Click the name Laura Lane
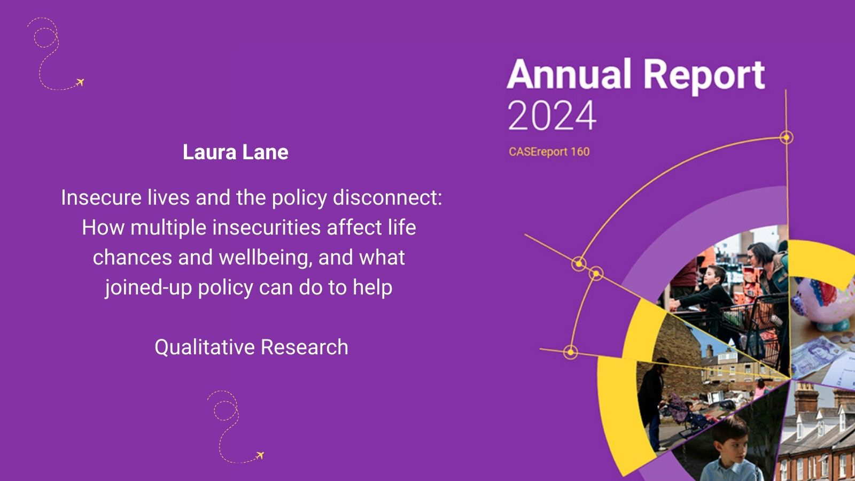pyautogui.click(x=236, y=152)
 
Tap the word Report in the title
pyautogui.click(x=704, y=77)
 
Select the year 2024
pyautogui.click(x=551, y=115)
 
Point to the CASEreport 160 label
pyautogui.click(x=549, y=152)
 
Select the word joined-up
pyautogui.click(x=149, y=288)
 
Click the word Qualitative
pyautogui.click(x=205, y=348)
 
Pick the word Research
pyautogui.click(x=305, y=347)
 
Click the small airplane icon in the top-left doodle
pyautogui.click(x=80, y=82)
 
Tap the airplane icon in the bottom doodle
pyautogui.click(x=260, y=455)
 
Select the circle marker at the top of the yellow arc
pyautogui.click(x=786, y=137)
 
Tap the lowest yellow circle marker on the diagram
pyautogui.click(x=570, y=352)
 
